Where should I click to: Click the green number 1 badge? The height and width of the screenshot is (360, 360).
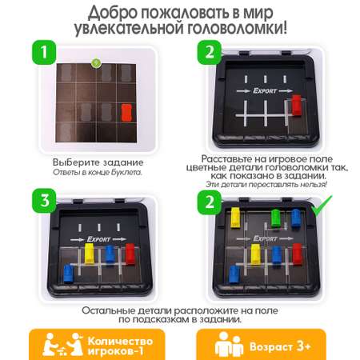coord(44,52)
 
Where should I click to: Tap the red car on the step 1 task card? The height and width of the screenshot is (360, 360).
coord(126,113)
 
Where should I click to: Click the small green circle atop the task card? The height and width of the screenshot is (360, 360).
coord(96,63)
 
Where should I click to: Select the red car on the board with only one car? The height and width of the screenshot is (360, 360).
coord(296,105)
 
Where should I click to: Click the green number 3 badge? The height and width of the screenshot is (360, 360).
coord(44,201)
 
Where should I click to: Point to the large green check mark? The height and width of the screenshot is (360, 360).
coord(322,206)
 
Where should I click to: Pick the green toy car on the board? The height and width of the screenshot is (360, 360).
coord(276,218)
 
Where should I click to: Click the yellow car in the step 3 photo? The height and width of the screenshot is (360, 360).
coord(89,254)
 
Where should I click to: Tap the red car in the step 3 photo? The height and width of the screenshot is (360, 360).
coord(130,254)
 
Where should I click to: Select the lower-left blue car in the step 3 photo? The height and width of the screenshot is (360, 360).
coord(69,274)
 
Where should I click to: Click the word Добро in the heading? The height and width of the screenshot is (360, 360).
coord(113,13)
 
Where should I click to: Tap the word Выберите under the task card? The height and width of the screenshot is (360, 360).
coord(76,162)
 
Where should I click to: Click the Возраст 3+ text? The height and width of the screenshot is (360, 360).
coord(280,346)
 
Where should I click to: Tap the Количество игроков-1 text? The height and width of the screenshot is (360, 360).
coord(120,346)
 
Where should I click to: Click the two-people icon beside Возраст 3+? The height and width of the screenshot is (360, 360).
coord(229,345)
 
